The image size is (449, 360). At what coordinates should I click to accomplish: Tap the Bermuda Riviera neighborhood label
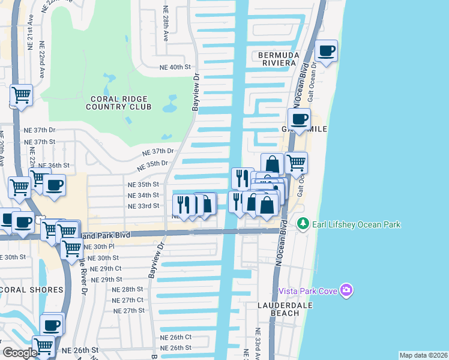pos(277,58)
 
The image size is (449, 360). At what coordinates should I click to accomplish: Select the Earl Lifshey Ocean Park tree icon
pos(303,224)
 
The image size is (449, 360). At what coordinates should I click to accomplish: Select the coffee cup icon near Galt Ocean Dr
pos(326,51)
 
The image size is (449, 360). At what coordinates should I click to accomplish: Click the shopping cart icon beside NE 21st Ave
pos(21,95)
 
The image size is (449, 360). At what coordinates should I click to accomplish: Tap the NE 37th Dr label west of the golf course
pos(39,130)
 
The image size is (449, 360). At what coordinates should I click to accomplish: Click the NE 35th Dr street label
pos(152,163)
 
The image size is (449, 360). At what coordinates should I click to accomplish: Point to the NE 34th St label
pos(143,195)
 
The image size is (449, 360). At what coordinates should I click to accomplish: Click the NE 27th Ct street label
pos(128,300)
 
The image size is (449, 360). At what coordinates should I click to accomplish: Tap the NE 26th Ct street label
pos(176,337)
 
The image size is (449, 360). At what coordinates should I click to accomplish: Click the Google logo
pos(20,353)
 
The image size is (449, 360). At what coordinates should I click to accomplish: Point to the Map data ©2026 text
pos(423,355)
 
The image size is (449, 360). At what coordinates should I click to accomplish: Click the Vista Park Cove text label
pos(309,291)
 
